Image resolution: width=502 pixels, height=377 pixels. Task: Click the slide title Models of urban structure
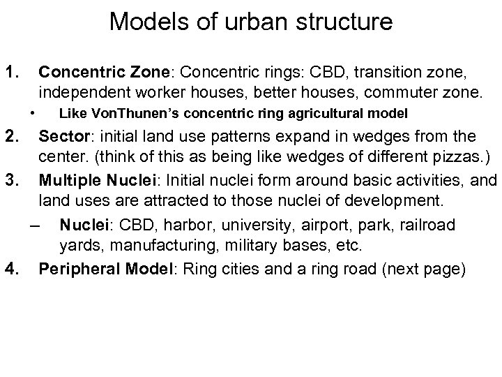(251, 22)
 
